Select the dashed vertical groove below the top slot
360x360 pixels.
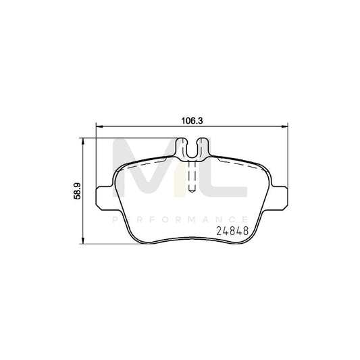coord(192,177)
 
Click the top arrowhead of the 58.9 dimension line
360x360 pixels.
coord(84,139)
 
